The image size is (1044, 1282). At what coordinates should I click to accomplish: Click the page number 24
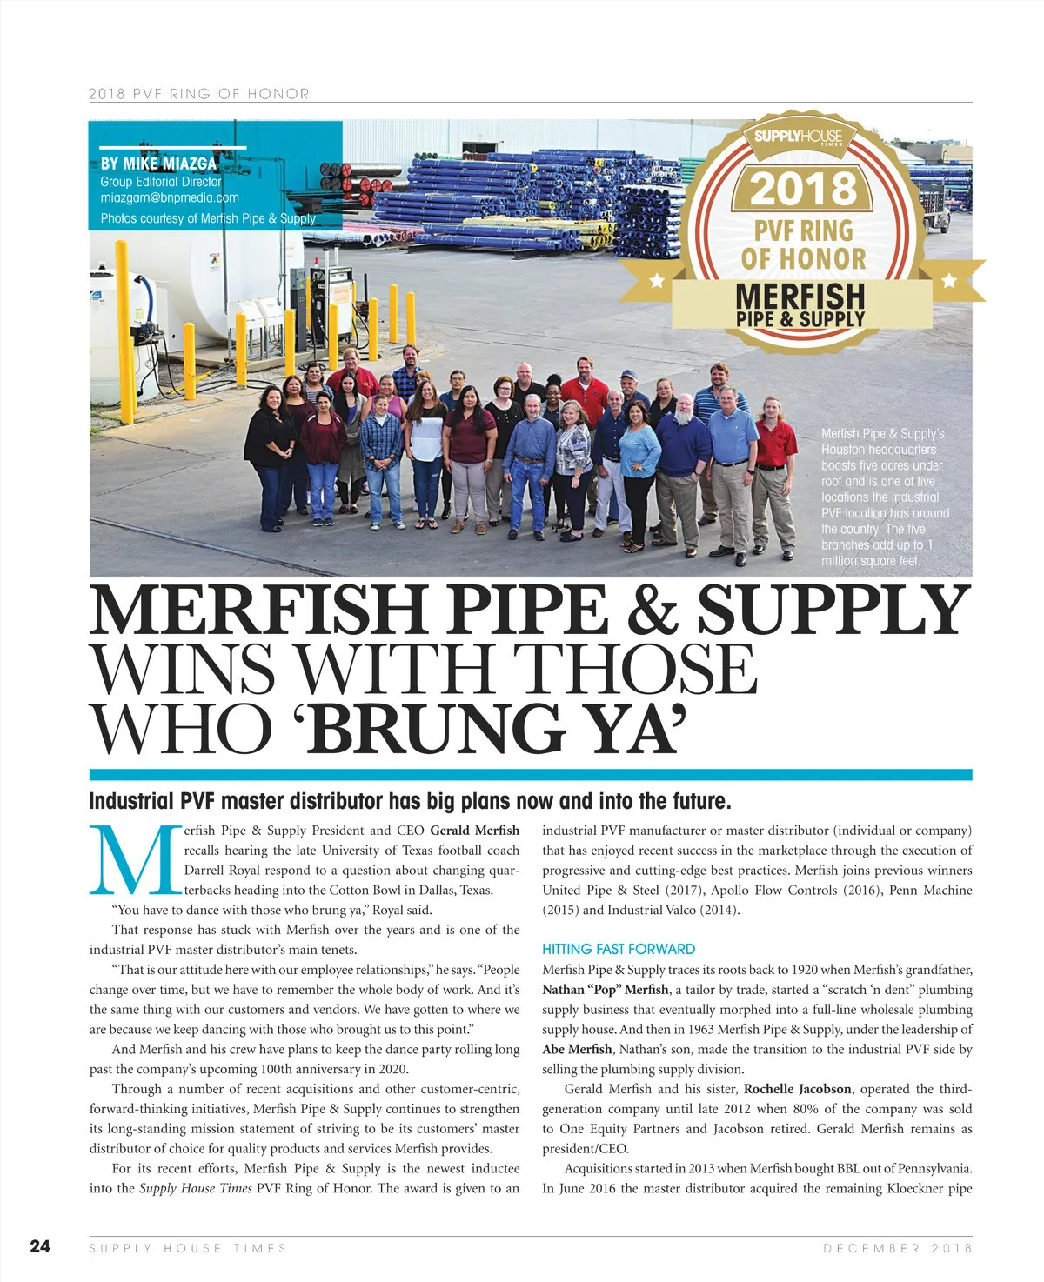40,1246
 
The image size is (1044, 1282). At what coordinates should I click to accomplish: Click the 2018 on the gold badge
803,188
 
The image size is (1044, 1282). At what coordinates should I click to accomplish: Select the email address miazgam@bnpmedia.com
170,198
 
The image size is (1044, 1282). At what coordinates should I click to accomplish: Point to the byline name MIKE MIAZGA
170,164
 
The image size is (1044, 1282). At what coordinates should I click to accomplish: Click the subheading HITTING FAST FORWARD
619,949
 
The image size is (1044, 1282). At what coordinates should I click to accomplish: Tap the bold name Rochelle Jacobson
797,1089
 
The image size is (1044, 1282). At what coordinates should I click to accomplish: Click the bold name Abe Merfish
577,1049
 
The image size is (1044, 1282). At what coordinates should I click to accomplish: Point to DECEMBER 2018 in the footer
897,1248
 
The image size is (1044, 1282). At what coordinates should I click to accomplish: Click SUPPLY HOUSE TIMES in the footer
188,1248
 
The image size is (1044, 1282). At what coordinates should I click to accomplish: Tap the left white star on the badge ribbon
658,280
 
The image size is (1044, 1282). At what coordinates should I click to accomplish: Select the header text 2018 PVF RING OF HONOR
199,93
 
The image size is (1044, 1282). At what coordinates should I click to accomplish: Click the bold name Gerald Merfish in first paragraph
474,831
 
